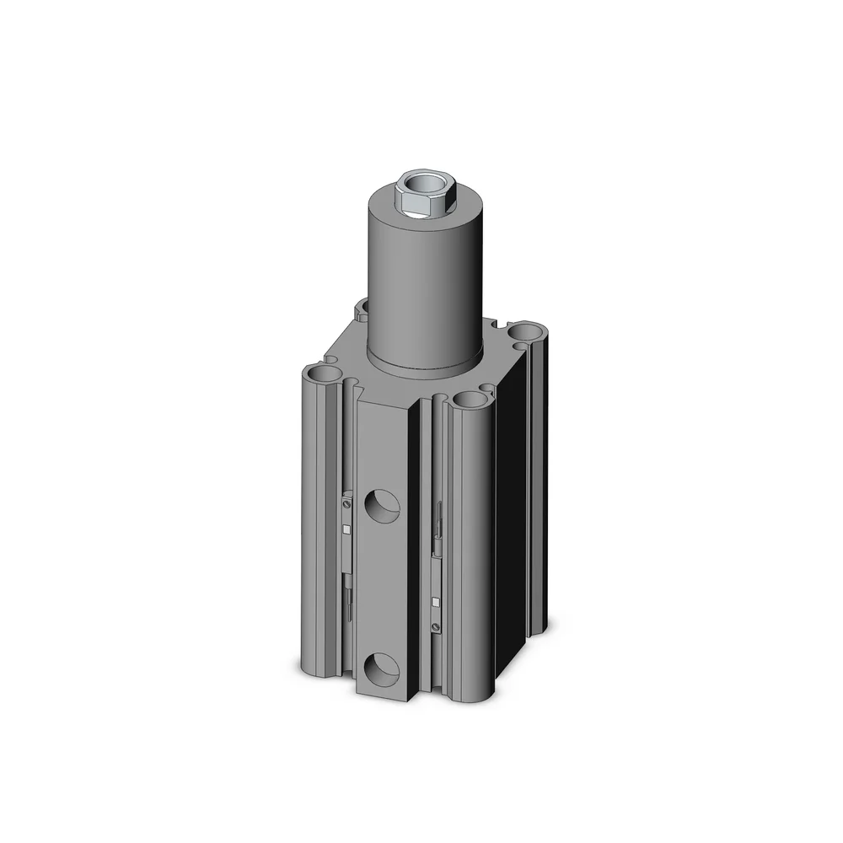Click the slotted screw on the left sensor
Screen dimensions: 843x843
pyautogui.click(x=347, y=503)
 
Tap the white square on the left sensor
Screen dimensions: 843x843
pyautogui.click(x=346, y=529)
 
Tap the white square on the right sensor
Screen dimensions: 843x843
pyautogui.click(x=435, y=601)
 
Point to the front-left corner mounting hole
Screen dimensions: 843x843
pyautogui.click(x=320, y=371)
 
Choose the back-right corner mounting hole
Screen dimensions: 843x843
pyautogui.click(x=530, y=331)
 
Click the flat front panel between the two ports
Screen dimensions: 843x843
pyautogui.click(x=383, y=590)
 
